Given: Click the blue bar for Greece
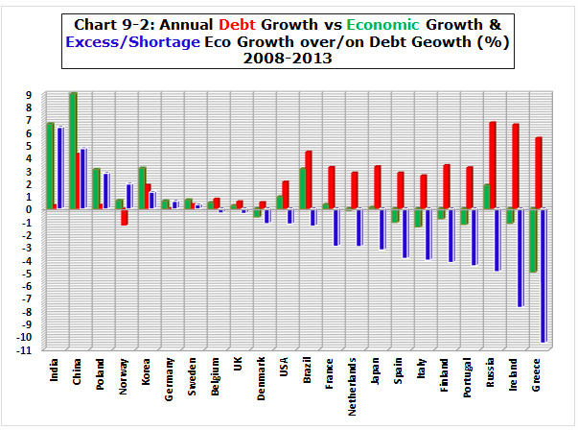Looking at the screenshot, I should coord(543,275).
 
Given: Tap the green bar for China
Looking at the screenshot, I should coord(73,151).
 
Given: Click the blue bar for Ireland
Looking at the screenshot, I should coord(520,257).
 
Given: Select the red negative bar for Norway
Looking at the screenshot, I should coord(125,217).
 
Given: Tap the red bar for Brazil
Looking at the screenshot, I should coord(309,179).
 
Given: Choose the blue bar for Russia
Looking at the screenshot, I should coord(497,239).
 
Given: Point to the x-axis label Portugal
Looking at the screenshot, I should coord(470,384).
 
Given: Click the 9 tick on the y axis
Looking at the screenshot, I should coord(33,95).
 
